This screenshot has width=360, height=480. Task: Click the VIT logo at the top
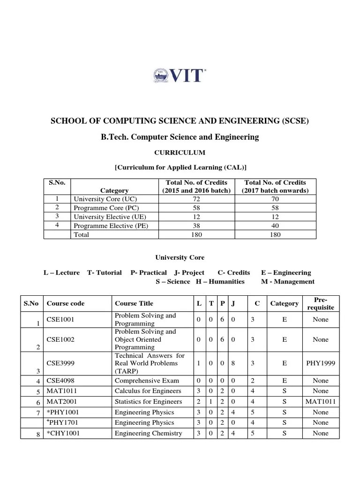tap(180, 75)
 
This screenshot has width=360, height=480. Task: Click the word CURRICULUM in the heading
tap(180, 152)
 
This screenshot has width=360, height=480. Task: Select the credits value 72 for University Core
tap(196, 199)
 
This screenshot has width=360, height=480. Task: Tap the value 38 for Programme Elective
tap(196, 226)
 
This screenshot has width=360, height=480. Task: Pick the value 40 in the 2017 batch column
tap(275, 226)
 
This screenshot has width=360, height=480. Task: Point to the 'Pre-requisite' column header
tap(321, 303)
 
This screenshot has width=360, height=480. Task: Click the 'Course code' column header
tap(66, 303)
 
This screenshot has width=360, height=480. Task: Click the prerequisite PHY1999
tap(321, 363)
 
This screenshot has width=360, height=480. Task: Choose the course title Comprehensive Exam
tap(147, 381)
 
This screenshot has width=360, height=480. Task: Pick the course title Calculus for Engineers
tap(148, 391)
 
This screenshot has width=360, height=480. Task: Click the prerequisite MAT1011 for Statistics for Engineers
tap(321, 402)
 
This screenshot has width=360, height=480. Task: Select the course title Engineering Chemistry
tap(148, 434)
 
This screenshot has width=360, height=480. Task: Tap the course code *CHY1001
tap(63, 434)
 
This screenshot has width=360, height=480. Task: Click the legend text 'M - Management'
tap(287, 282)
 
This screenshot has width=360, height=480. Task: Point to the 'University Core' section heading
tap(180, 257)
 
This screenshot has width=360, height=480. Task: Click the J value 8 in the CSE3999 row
tap(233, 363)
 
